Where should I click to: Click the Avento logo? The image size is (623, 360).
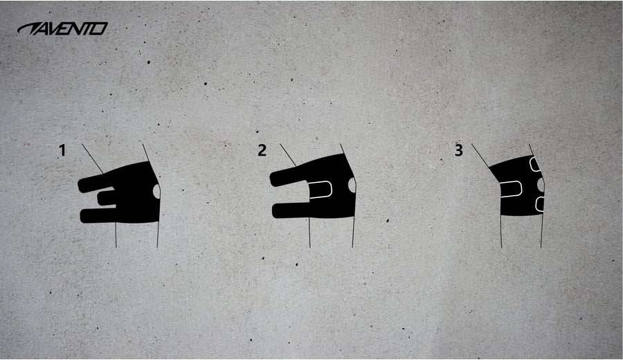click(62, 28)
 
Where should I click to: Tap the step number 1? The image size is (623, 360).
click(62, 151)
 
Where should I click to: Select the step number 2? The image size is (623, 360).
click(262, 151)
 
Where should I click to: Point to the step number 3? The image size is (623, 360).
click(459, 151)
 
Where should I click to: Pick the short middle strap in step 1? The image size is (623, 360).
click(107, 198)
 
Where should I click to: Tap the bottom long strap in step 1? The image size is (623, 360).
click(99, 215)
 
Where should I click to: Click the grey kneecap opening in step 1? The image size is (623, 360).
click(157, 191)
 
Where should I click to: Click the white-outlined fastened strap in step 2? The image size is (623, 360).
click(320, 190)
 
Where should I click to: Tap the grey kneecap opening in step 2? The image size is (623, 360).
click(352, 185)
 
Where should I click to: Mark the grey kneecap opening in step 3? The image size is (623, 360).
click(541, 184)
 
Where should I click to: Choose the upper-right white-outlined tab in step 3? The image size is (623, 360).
click(535, 164)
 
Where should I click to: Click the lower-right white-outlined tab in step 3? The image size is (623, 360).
click(540, 204)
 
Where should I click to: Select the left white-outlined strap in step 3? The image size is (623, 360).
click(511, 189)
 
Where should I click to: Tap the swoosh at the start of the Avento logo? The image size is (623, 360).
click(28, 28)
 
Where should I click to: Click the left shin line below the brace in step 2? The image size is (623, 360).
click(309, 233)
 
